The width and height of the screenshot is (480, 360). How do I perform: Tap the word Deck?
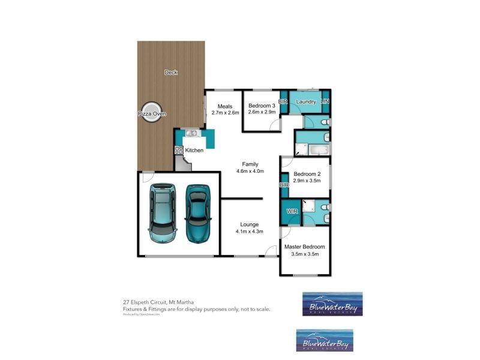click(171, 73)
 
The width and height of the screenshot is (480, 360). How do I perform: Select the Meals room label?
click(224, 106)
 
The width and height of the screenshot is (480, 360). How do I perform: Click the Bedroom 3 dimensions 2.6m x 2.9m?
click(262, 112)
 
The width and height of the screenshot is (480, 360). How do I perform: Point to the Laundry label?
click(305, 102)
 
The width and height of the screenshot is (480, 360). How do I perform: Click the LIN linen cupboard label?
click(325, 102)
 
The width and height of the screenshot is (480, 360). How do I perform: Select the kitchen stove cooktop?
click(179, 150)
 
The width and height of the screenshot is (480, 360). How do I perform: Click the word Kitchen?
click(194, 150)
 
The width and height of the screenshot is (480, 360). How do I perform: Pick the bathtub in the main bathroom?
click(313, 148)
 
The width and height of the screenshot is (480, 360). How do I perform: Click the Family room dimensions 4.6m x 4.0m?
click(250, 171)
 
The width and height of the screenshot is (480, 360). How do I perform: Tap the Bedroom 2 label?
click(307, 174)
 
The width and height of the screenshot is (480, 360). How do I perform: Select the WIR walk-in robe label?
click(292, 211)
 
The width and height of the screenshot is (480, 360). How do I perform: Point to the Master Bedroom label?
click(304, 247)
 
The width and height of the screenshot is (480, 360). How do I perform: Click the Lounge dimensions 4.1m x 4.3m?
click(250, 231)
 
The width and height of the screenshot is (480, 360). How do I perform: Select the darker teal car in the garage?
click(197, 213)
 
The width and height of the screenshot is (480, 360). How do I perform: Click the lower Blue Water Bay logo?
click(325, 340)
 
